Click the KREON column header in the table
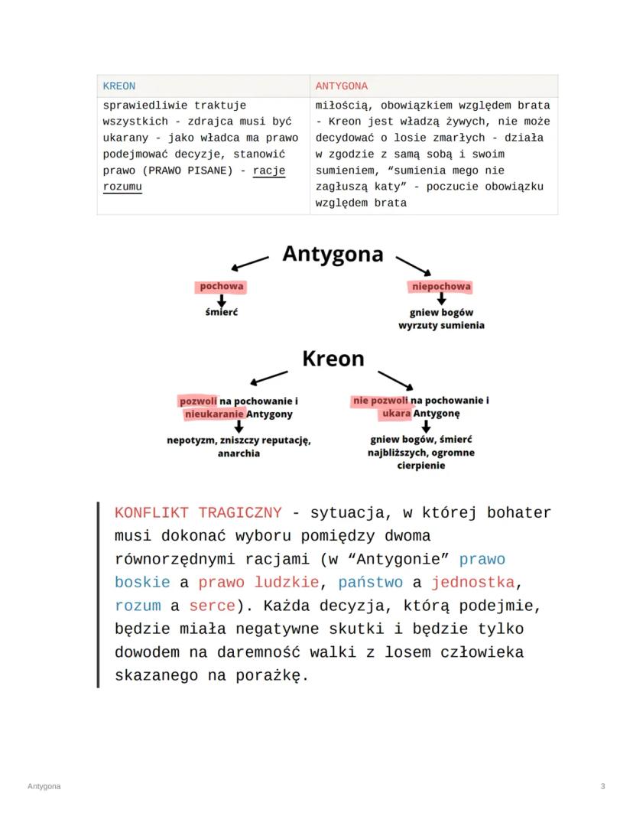(x=118, y=86)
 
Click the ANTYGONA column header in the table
(x=341, y=86)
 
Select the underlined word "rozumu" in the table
(x=122, y=187)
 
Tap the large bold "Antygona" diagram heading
(x=333, y=254)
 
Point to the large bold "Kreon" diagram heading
(x=333, y=359)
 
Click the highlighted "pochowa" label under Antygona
(x=222, y=287)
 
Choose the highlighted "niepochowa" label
(x=441, y=287)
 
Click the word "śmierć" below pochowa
(x=222, y=312)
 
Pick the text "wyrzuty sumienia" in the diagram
(x=441, y=325)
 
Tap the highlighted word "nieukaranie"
(x=215, y=414)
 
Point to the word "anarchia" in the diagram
(x=239, y=453)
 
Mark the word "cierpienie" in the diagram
(x=420, y=465)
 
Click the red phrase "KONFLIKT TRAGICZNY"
(x=198, y=512)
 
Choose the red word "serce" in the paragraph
(x=212, y=606)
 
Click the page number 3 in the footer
(x=603, y=786)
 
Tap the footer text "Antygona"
(x=44, y=786)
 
